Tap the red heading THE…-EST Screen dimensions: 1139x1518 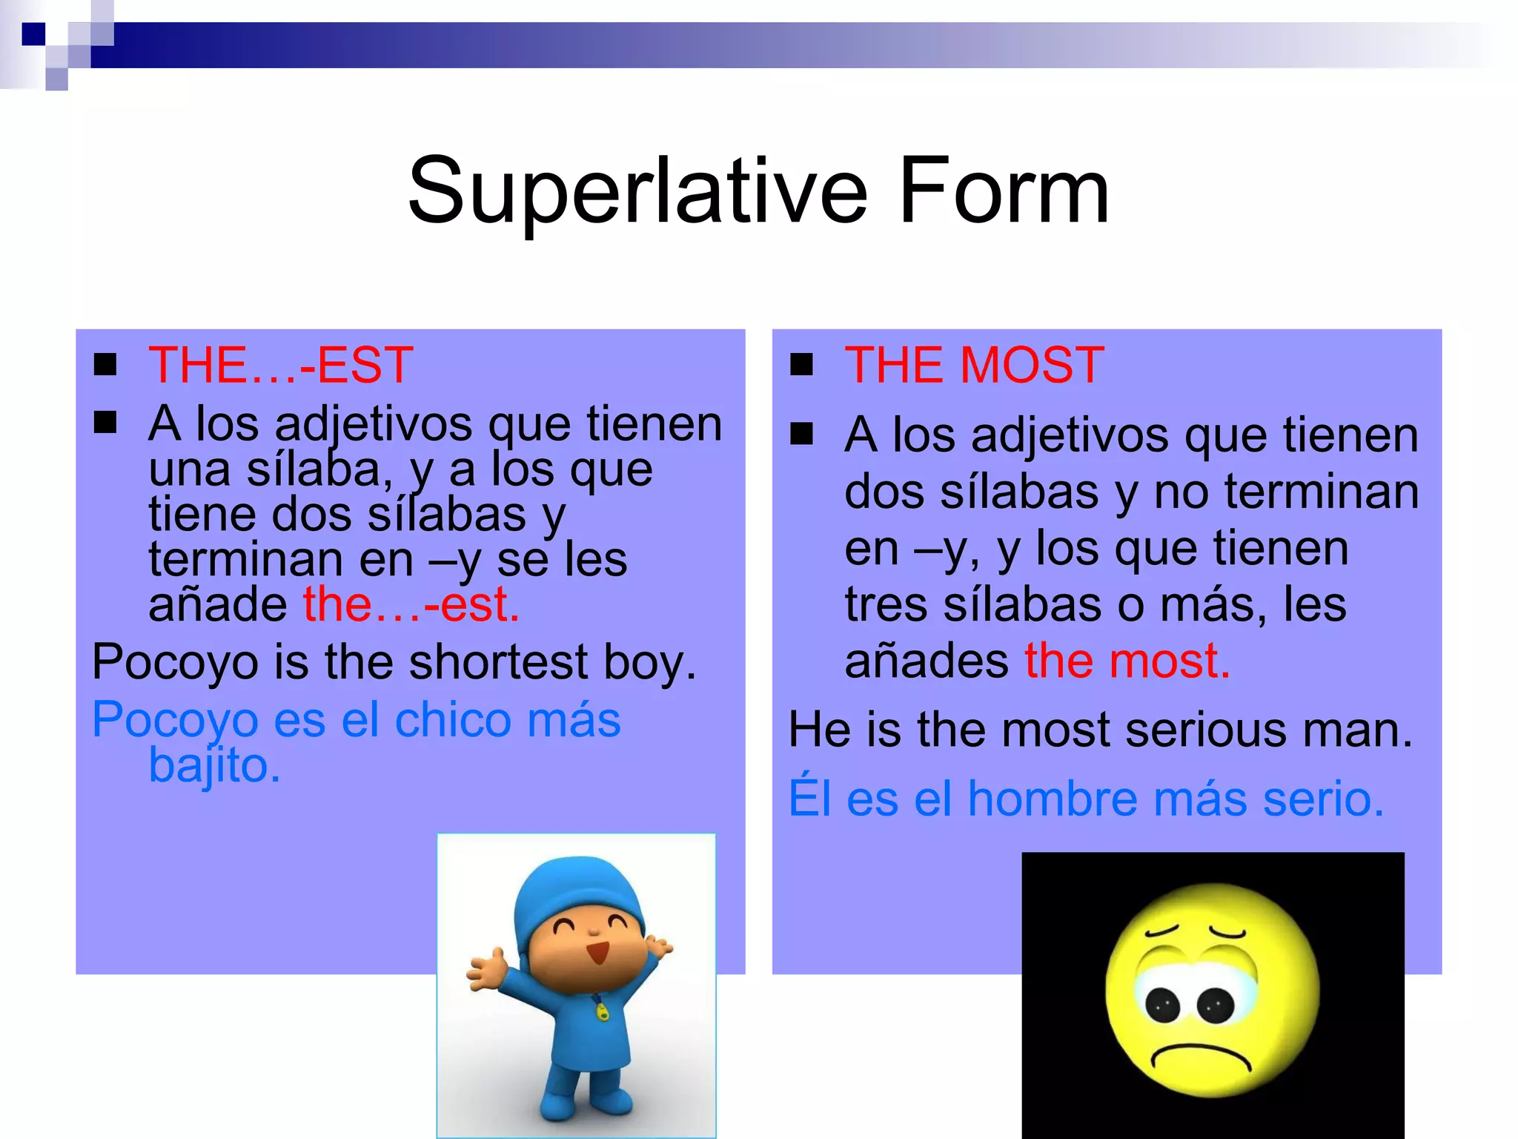[x=280, y=366]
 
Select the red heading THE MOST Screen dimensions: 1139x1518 [x=974, y=366]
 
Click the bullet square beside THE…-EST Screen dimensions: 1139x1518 [x=105, y=365]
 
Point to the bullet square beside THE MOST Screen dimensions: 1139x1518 [x=801, y=365]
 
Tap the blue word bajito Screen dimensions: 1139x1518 [x=214, y=765]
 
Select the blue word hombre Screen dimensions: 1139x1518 [x=1053, y=799]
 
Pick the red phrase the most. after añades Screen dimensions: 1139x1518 [x=1127, y=661]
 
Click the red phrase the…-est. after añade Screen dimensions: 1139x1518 [x=411, y=604]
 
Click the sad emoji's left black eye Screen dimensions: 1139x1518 [x=1162, y=1006]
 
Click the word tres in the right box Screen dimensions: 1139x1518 [x=886, y=604]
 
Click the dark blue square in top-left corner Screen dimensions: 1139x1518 [x=33, y=34]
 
